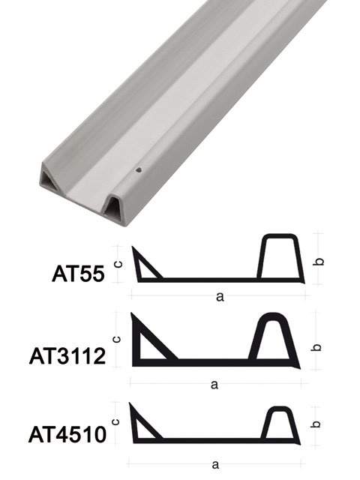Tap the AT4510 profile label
click(x=66, y=434)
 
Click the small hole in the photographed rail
click(x=138, y=171)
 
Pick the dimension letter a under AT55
click(x=220, y=297)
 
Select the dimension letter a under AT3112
click(x=214, y=385)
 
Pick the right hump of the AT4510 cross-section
click(x=278, y=424)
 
